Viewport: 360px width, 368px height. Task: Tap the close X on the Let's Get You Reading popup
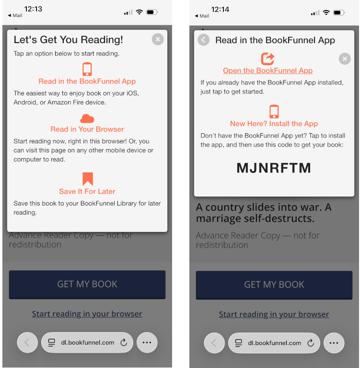[158, 39]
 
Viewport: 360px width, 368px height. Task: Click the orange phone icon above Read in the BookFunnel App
[87, 69]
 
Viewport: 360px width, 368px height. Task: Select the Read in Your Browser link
[87, 129]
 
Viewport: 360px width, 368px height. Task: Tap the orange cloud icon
[87, 119]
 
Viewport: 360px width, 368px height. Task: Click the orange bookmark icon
[88, 179]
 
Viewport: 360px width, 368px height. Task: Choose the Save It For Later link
[87, 191]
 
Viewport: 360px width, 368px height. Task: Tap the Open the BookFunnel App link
[267, 70]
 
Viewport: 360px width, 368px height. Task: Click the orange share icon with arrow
[267, 58]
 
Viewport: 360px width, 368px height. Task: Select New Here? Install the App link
[274, 124]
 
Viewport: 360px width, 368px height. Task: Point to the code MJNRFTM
[274, 168]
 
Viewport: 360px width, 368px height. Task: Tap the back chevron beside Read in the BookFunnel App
[203, 40]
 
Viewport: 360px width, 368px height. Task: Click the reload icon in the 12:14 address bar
[311, 343]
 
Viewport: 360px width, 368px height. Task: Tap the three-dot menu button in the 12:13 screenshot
[147, 343]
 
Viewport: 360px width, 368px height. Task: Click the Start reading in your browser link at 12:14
[274, 314]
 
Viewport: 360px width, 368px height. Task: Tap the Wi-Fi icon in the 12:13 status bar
[139, 12]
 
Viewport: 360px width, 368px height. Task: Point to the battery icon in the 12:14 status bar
[339, 12]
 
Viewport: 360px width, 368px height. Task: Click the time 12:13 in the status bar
[33, 9]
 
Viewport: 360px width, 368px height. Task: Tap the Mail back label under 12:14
[202, 16]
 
